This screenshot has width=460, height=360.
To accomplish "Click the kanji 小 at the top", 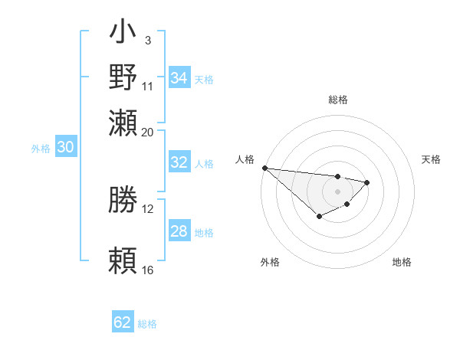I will pos(123,34).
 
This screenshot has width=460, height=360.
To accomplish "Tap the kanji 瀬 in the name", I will pos(123,122).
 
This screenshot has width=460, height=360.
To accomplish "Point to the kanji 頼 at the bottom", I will pos(123,261).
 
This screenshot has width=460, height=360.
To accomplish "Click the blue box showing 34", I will pos(179,77).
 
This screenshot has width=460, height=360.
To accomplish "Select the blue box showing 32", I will pos(179,162).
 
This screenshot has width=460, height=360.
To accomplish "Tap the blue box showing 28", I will pos(179,231).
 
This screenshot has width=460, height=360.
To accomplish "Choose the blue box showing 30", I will pos(65,148).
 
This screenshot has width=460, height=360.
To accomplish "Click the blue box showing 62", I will pos(123,322).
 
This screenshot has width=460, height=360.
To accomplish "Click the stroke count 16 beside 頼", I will pos(148,270).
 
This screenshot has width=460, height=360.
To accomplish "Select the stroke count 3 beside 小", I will pos(147,40).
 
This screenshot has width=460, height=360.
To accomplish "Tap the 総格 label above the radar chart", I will pos(337,100).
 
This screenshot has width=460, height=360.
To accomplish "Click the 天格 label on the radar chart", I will pos(431,159).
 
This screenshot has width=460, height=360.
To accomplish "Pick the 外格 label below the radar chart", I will pos(270,262).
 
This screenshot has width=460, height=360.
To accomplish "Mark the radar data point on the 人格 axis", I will pos(264,168).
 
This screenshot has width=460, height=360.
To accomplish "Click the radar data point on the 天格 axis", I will pos(367,182).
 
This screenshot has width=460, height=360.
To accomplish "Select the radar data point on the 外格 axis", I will pos(319,218).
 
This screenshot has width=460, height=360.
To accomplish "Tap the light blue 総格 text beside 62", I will pos(147,324).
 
